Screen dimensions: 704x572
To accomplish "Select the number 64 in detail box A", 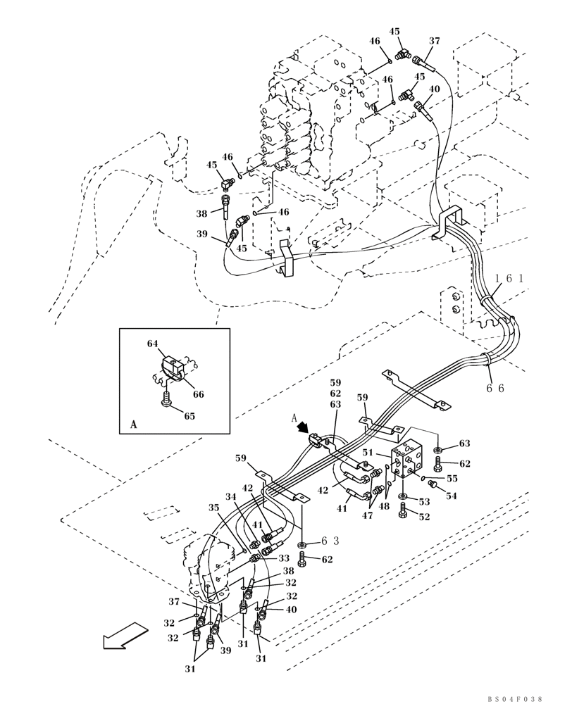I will (153, 344).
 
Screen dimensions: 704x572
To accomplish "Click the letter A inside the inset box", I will (134, 425).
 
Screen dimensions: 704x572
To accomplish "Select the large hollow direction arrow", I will (123, 639).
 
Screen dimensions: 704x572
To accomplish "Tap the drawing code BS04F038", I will (514, 698).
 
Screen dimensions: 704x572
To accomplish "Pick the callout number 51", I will (367, 453).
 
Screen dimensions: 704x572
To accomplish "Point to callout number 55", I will (452, 478).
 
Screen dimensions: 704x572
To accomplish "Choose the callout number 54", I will (452, 496).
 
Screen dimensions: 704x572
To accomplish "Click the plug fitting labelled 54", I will (434, 485).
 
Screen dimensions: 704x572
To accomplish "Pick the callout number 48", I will (384, 506).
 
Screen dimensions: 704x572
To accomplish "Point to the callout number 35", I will (214, 507).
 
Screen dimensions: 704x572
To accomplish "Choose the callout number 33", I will (284, 559).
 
